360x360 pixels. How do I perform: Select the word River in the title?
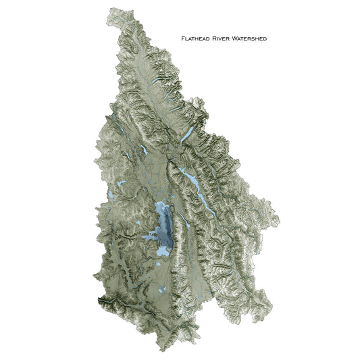pos(226,39)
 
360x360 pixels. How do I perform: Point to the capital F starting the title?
pos(183,39)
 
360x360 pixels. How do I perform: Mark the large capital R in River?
pos(217,39)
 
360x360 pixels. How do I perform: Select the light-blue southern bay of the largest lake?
pos(162,250)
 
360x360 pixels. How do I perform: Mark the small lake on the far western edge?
pos(109,197)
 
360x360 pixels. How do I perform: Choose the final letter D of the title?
pos(265,39)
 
